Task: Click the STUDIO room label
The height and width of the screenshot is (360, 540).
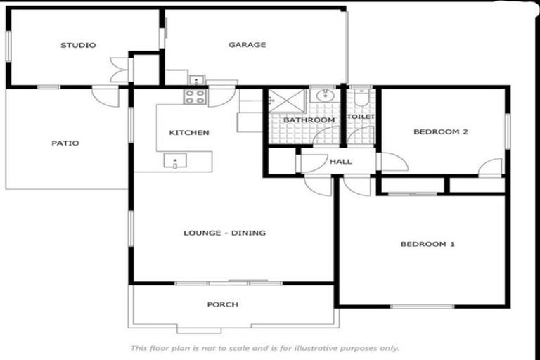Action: [x=77, y=45]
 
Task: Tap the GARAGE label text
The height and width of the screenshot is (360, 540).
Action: [x=247, y=45]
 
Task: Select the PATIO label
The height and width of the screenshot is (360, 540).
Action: [x=65, y=143]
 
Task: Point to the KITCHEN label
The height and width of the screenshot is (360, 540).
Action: [x=188, y=132]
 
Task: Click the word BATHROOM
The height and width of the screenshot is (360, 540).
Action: [x=309, y=120]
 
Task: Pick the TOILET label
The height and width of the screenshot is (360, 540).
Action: [x=361, y=117]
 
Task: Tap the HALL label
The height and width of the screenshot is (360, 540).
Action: [x=340, y=162]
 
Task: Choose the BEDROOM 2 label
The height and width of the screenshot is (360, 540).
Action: [x=440, y=131]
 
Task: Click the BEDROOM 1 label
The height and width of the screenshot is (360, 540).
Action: [x=427, y=244]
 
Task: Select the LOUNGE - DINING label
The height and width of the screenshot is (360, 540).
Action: [x=224, y=233]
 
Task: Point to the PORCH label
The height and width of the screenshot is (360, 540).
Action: [x=222, y=304]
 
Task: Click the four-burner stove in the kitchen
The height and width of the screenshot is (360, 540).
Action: [x=195, y=97]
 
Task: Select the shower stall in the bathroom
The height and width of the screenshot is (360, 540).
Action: [x=286, y=101]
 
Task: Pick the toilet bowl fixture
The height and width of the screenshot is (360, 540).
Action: [x=360, y=99]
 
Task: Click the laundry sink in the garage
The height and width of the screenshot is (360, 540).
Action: [x=198, y=79]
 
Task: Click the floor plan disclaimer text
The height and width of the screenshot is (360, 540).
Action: [x=264, y=348]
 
